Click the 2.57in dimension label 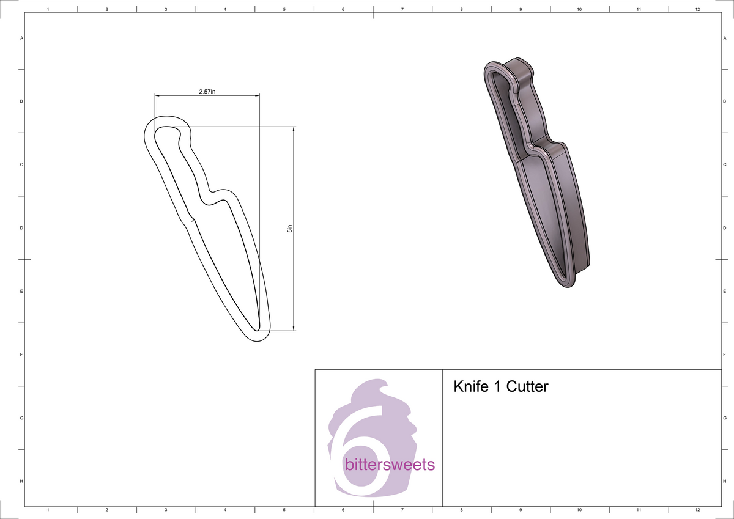click(207, 91)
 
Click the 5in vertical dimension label click(290, 229)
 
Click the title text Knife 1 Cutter click(500, 387)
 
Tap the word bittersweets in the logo click(390, 465)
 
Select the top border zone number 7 click(402, 10)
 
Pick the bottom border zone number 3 click(166, 509)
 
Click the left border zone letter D click(22, 228)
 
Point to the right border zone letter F click(724, 355)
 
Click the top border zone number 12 click(697, 10)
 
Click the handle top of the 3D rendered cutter click(499, 64)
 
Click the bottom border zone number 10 click(579, 509)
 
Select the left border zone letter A click(22, 38)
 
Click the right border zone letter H click(724, 482)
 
